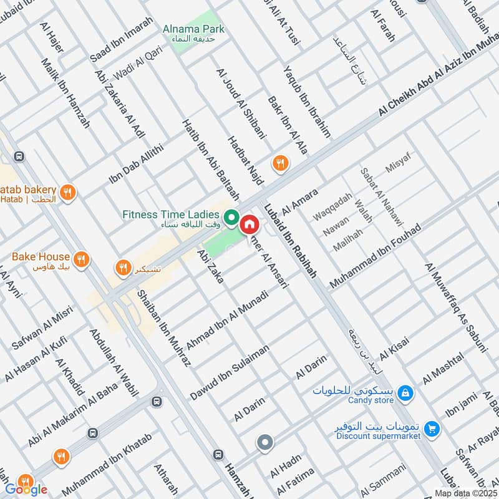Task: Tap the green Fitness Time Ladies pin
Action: pyautogui.click(x=231, y=218)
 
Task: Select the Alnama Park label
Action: pyautogui.click(x=193, y=29)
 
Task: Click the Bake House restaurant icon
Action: pyautogui.click(x=80, y=258)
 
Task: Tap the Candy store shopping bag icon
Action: pyautogui.click(x=405, y=392)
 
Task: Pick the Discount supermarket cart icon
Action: pyautogui.click(x=430, y=429)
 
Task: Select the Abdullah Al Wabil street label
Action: pyautogui.click(x=113, y=362)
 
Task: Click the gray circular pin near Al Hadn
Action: pyautogui.click(x=265, y=443)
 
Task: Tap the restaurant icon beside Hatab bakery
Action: pyautogui.click(x=69, y=193)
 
